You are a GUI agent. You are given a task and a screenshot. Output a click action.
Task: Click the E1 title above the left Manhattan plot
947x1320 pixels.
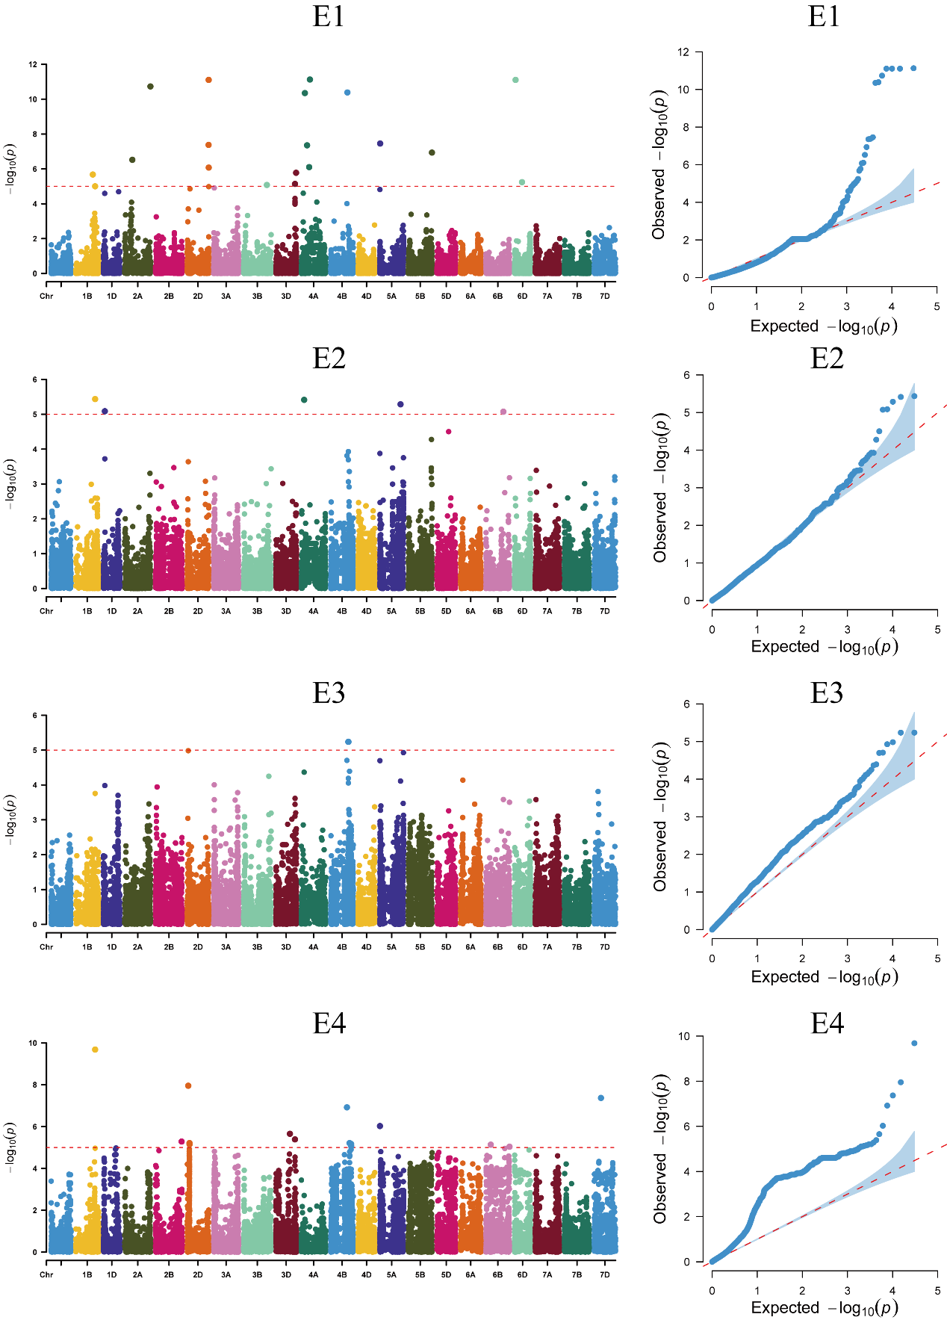tap(329, 16)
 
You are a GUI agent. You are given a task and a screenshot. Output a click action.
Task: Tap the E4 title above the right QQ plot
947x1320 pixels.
tap(827, 1023)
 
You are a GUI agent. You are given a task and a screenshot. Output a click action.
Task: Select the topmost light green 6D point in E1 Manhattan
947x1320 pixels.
tap(515, 80)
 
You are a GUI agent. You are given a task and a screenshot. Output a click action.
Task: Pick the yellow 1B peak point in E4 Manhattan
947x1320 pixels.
tap(95, 1050)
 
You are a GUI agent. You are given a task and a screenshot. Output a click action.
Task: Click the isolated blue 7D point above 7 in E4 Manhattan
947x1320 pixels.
tap(601, 1098)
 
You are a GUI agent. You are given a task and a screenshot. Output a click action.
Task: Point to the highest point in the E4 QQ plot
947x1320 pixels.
tap(914, 1043)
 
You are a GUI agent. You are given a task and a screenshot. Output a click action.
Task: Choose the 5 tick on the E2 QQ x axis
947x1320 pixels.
tap(937, 630)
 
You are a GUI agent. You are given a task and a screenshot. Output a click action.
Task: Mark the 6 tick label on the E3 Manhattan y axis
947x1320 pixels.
tap(34, 716)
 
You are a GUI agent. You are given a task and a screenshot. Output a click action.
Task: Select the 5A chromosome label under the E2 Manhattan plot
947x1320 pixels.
tap(391, 611)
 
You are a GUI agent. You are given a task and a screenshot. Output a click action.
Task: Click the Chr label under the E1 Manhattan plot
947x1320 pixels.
tap(46, 297)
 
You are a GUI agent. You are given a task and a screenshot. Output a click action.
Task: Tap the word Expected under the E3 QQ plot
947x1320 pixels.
tap(784, 977)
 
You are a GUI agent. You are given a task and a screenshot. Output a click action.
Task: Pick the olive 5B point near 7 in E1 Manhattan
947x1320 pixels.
tap(432, 152)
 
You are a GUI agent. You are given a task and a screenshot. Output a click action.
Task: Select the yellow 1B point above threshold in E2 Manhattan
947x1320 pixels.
tap(95, 399)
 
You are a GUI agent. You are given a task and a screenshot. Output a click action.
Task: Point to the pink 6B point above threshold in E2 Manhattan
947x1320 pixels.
tap(503, 412)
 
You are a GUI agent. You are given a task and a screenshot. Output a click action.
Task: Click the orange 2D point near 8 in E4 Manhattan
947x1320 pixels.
tap(188, 1085)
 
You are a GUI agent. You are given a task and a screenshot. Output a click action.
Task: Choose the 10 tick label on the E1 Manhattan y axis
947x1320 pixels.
tap(33, 99)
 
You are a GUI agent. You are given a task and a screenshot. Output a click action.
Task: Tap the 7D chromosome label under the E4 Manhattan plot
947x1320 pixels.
tap(604, 1274)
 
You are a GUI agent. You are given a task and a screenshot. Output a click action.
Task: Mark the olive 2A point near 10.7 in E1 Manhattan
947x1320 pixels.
tap(150, 87)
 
